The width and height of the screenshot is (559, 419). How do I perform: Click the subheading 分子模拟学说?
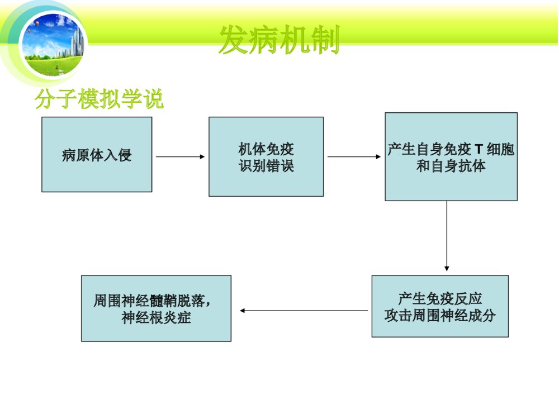click(x=99, y=100)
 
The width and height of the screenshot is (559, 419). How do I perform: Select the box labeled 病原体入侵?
click(x=97, y=154)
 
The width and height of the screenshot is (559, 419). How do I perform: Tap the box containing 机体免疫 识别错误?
click(x=266, y=156)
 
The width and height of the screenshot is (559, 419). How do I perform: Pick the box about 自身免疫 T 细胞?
click(x=451, y=156)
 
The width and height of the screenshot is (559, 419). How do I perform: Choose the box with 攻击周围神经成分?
click(x=440, y=306)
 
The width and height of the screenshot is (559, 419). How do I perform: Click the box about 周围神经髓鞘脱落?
click(x=156, y=308)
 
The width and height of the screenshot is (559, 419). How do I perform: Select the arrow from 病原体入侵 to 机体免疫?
click(x=180, y=157)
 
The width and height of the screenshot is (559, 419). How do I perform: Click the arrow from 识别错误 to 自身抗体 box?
click(x=354, y=157)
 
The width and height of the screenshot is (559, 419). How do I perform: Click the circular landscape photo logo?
click(x=53, y=45)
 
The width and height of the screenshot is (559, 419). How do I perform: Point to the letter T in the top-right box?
click(x=479, y=150)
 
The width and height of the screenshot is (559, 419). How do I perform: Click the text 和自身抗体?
click(x=451, y=166)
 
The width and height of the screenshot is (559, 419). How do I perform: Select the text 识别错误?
click(x=266, y=166)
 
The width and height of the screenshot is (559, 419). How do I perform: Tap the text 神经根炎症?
click(x=156, y=318)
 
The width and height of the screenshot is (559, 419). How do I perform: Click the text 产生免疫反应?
click(x=440, y=298)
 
